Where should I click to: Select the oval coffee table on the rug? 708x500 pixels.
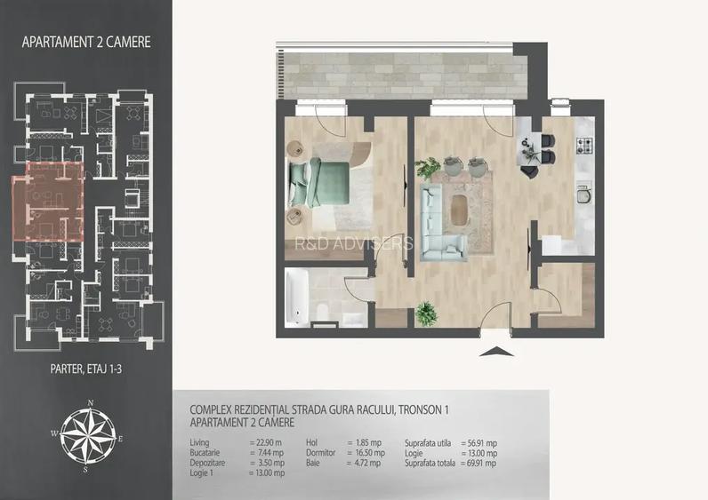point(462,210)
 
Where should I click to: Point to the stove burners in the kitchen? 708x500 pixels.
point(585,146)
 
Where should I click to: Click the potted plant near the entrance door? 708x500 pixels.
point(427,312)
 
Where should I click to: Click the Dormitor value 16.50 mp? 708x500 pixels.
point(366,452)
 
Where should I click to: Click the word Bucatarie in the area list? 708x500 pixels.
point(207,452)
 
